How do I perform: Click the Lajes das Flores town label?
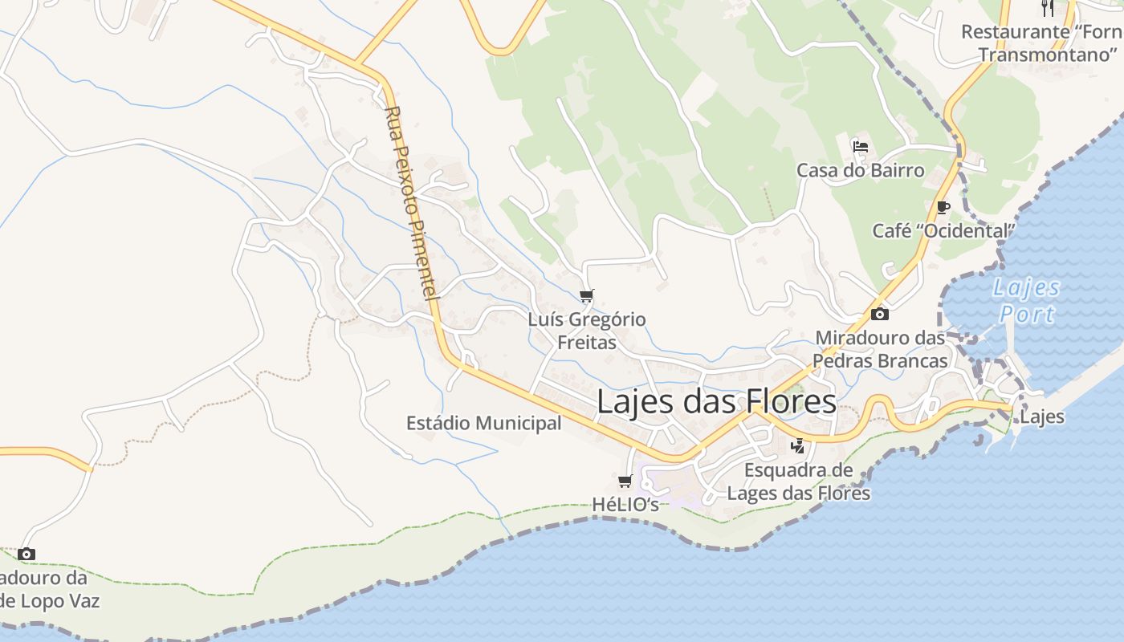[716, 401]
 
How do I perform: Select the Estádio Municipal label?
[483, 423]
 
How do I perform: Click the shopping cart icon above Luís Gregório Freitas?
[587, 296]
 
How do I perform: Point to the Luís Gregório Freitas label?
[587, 331]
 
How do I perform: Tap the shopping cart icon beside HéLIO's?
[625, 481]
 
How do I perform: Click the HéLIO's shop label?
[625, 505]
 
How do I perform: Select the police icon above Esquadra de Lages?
[797, 446]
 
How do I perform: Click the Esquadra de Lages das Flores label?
[798, 481]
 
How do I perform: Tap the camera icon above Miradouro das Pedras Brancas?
[880, 314]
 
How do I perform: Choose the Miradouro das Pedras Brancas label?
[880, 349]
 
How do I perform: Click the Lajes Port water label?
[1027, 300]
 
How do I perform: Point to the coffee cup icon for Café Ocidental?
[943, 208]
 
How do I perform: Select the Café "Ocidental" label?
[943, 231]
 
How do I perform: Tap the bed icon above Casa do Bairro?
[861, 147]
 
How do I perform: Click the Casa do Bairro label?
[861, 170]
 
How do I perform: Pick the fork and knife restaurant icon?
[1047, 8]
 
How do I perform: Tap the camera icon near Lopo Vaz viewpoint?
[26, 554]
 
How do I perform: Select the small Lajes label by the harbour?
[1042, 416]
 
